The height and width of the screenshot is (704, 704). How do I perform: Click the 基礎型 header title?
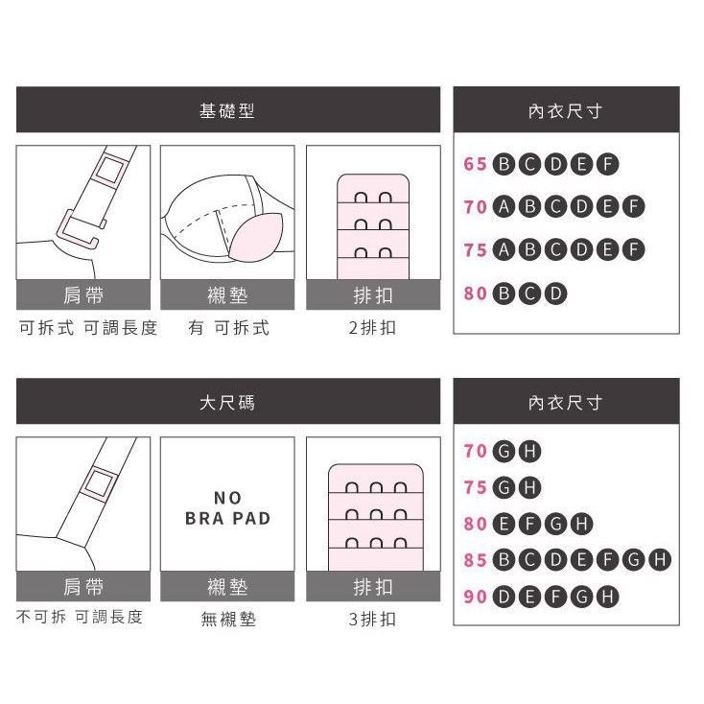[227, 110]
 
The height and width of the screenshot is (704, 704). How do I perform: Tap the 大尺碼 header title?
[227, 402]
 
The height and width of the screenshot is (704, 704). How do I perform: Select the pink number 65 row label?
[476, 164]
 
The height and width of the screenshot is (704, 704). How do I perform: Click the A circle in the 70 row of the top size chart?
[504, 206]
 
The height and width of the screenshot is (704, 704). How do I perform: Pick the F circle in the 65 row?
[607, 164]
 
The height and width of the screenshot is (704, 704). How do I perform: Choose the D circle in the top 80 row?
[556, 293]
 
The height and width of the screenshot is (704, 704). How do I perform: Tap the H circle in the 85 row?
[660, 559]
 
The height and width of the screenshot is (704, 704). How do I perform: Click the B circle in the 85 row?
[504, 559]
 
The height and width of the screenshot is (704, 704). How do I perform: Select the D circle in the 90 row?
[504, 597]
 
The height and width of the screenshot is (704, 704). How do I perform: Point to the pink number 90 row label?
[476, 597]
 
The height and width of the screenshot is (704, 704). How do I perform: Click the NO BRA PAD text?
[227, 507]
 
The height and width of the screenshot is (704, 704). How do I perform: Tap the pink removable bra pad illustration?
[256, 236]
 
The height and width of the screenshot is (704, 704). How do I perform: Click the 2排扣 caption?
[372, 328]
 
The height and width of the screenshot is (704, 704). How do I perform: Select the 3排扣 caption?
[372, 620]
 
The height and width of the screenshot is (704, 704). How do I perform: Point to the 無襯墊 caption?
[228, 620]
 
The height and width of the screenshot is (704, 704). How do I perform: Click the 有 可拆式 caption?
[228, 328]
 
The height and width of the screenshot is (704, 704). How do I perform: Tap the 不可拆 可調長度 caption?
[80, 617]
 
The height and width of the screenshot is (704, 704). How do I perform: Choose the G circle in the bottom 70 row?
[504, 451]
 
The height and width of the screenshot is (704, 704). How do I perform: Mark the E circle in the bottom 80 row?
[504, 524]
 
